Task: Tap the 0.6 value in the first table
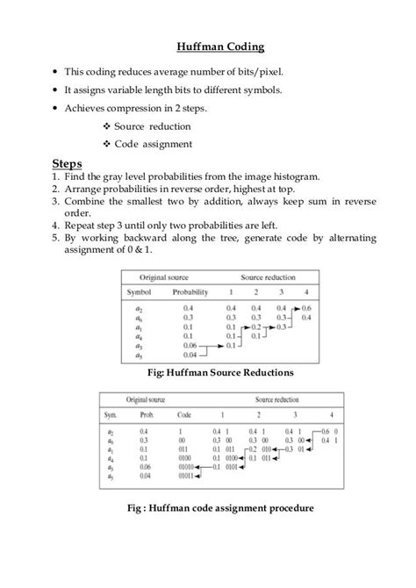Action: (x=305, y=308)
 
